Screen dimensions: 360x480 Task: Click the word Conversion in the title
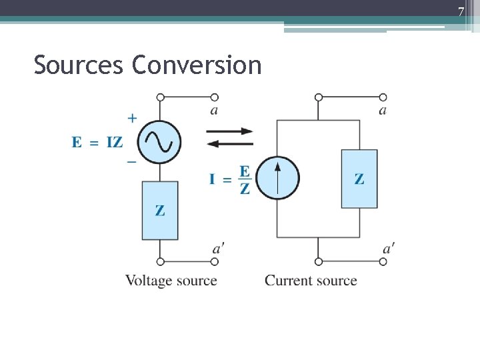tap(197, 65)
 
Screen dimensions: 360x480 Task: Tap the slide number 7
tap(460, 11)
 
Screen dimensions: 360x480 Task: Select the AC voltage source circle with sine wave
tap(160, 141)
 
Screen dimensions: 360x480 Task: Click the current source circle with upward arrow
tap(278, 178)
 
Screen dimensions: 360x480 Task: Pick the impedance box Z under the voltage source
tap(160, 210)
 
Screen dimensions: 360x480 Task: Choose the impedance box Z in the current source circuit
tap(359, 179)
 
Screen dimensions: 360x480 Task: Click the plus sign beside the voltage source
tap(132, 119)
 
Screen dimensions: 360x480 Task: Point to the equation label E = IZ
tap(97, 142)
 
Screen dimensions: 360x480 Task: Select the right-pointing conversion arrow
tap(229, 131)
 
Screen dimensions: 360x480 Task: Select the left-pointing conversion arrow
tap(229, 144)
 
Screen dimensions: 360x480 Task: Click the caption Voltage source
tap(171, 281)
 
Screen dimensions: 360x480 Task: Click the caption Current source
tap(311, 281)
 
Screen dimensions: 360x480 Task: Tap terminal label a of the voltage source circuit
tap(213, 111)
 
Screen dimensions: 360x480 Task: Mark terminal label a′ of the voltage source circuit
tap(217, 249)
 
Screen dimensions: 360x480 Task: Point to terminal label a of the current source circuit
tap(382, 111)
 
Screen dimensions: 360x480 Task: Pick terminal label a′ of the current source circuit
tap(388, 249)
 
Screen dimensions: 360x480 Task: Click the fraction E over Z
tap(245, 179)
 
